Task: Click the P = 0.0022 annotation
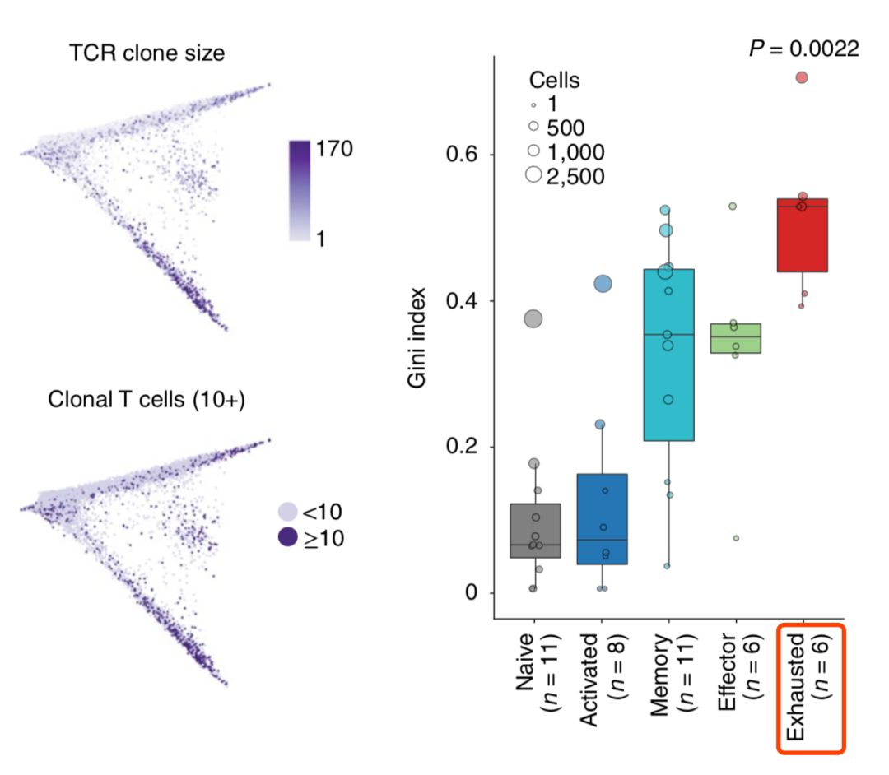[x=803, y=49]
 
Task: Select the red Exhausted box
[x=803, y=235]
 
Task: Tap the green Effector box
[x=735, y=338]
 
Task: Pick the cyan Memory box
[x=668, y=355]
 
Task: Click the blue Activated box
[x=602, y=519]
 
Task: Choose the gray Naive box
[x=535, y=531]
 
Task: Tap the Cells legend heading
[x=554, y=81]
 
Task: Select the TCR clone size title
[x=148, y=53]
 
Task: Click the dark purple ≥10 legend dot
[x=287, y=539]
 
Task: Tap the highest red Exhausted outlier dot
[x=802, y=77]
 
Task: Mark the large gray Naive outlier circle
[x=533, y=319]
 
